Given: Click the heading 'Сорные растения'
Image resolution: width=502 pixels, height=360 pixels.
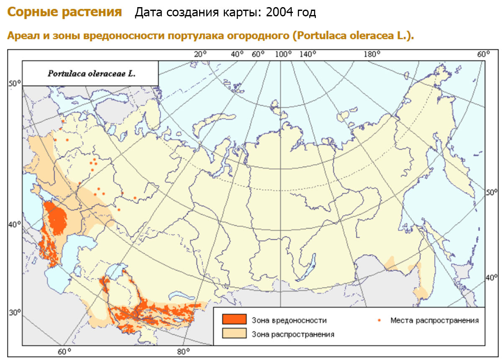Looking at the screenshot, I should click(64, 13).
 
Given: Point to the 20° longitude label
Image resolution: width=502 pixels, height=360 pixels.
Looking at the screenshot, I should click(200, 54).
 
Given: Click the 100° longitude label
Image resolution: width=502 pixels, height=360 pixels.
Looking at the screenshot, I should click(283, 54).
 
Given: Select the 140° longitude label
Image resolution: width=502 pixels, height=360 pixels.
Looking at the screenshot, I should click(308, 54).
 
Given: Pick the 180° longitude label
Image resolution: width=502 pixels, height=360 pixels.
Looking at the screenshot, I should click(372, 54).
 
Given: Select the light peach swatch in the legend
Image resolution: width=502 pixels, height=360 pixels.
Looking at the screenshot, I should click(235, 334).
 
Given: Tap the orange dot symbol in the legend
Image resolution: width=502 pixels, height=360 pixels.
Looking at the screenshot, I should click(379, 320).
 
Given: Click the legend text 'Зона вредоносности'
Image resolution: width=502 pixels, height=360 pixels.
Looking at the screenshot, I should click(289, 321).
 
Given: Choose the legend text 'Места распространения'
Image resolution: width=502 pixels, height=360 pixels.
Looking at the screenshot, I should click(434, 321).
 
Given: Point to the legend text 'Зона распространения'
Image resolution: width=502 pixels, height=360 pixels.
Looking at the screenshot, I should click(293, 334).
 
